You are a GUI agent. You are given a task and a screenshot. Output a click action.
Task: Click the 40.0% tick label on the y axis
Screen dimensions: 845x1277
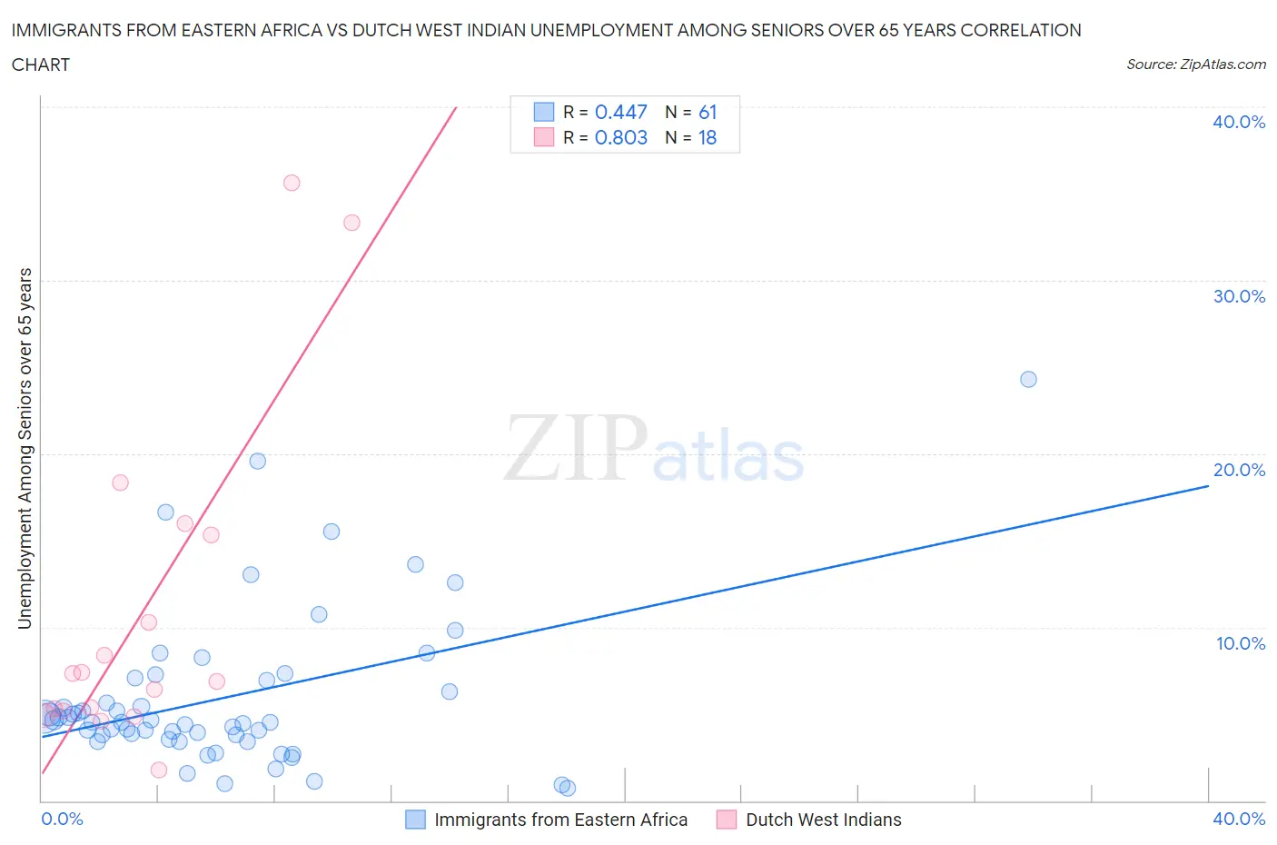tap(1238, 122)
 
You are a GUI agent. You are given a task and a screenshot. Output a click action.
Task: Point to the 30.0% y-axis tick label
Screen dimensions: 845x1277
tap(1238, 296)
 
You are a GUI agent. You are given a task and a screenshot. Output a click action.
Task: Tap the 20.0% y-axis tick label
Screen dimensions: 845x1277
tap(1238, 470)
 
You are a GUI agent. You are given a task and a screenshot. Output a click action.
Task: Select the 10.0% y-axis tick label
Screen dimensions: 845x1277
tap(1240, 643)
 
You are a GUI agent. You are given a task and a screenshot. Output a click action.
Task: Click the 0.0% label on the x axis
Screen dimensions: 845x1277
tap(62, 819)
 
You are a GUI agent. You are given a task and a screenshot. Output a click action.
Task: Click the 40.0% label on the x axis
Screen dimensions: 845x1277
tap(1238, 819)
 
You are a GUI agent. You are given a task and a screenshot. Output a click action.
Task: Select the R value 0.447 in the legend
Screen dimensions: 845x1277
tap(620, 112)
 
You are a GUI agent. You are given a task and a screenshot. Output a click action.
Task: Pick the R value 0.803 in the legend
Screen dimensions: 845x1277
tap(620, 137)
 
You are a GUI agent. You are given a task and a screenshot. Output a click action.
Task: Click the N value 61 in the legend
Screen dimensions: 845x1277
tap(708, 112)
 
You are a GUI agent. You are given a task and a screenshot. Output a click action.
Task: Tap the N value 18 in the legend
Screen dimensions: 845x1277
tap(708, 137)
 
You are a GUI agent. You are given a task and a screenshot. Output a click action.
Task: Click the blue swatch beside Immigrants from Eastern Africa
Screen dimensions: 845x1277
tap(415, 820)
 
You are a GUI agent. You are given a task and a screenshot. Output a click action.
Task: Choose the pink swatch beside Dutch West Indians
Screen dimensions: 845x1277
tap(726, 820)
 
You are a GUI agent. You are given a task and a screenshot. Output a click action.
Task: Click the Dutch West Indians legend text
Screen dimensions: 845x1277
tap(823, 820)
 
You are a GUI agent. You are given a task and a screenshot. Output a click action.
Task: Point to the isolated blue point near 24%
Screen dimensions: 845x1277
tap(1028, 379)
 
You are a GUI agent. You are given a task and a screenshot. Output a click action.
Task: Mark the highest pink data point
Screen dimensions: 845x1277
tap(292, 183)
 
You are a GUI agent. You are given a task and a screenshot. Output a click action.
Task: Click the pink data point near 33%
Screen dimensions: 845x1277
tap(351, 223)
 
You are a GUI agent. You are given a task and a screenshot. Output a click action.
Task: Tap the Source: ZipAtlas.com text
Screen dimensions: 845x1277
tap(1195, 64)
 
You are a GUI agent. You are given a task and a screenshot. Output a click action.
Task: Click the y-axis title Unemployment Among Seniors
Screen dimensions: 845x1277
tap(25, 448)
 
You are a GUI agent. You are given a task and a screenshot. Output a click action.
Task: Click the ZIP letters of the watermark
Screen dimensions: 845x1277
tap(576, 447)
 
